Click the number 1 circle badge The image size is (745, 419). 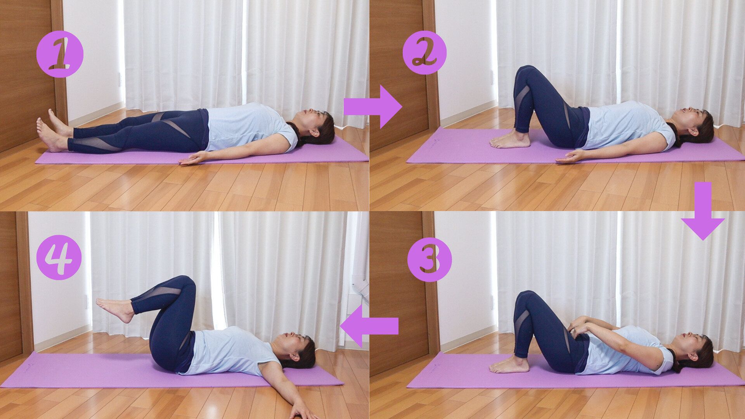point(60,54)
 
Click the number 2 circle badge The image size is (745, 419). point(424,53)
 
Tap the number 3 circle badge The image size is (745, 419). point(430,259)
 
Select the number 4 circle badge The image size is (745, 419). point(59,257)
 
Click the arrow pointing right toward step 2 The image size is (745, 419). point(372,107)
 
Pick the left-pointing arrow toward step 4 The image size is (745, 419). point(369,326)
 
